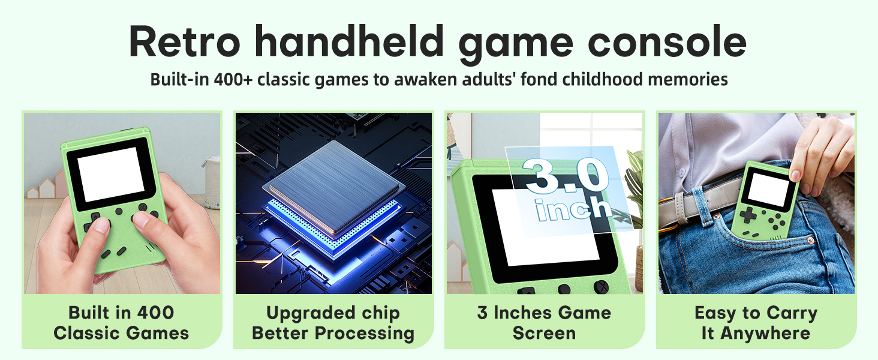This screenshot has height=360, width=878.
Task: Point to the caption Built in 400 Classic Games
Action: pyautogui.click(x=121, y=323)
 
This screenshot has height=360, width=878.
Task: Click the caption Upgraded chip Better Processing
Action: pyautogui.click(x=333, y=323)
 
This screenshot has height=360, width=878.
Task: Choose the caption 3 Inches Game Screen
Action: pyautogui.click(x=544, y=323)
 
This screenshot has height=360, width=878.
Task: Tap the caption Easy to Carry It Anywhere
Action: pyautogui.click(x=756, y=323)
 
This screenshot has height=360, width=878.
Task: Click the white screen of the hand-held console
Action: pyautogui.click(x=111, y=174)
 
